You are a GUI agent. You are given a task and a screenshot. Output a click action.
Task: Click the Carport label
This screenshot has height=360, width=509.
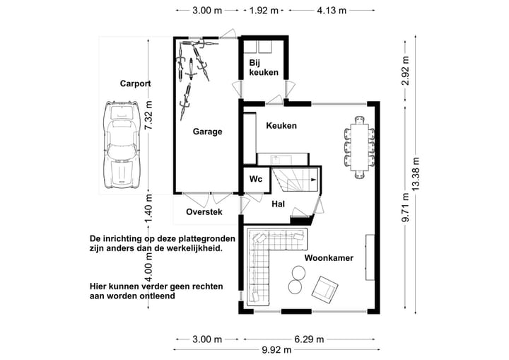pyautogui.click(x=136, y=83)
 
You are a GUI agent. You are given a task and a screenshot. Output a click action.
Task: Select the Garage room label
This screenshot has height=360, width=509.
pyautogui.click(x=208, y=132)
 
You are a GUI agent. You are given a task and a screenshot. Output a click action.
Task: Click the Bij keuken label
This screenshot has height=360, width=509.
pyautogui.click(x=263, y=68)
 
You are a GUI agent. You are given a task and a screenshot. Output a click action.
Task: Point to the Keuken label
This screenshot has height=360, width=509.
pyautogui.click(x=281, y=126)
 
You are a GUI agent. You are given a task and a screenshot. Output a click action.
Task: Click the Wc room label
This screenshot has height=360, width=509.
pyautogui.click(x=255, y=180)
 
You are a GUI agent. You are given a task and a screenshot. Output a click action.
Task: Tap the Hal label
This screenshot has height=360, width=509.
pyautogui.click(x=278, y=204)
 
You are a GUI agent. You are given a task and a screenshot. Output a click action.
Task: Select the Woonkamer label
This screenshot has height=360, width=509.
pyautogui.click(x=329, y=258)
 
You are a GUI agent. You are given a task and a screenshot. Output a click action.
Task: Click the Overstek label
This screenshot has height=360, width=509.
pyautogui.click(x=204, y=212)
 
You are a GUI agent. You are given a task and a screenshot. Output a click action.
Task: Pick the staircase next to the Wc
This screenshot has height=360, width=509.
pyautogui.click(x=298, y=180)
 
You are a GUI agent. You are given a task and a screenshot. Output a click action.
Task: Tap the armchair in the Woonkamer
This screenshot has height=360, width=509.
pyautogui.click(x=326, y=289)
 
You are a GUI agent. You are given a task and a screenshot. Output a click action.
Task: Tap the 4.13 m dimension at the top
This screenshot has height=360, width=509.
pyautogui.click(x=332, y=11)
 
